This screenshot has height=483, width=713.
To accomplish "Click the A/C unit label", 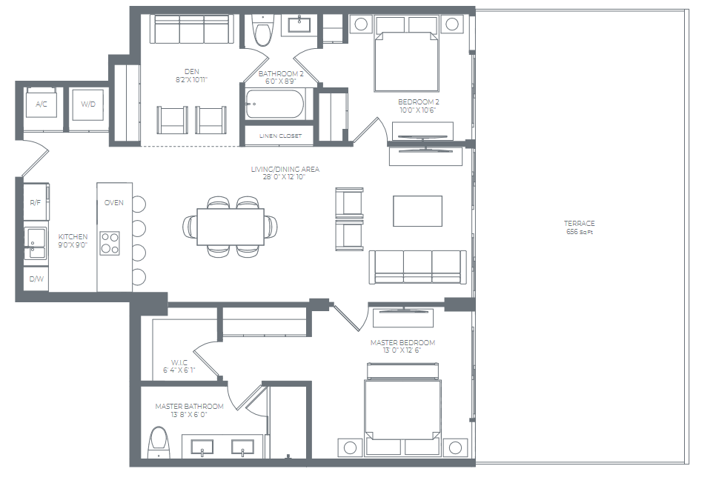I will tap(41, 104).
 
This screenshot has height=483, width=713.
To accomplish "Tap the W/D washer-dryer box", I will tap(87, 104).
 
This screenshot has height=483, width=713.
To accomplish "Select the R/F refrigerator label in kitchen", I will tap(34, 202).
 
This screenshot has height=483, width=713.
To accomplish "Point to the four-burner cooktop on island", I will tap(110, 243).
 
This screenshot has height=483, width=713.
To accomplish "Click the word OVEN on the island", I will tap(114, 202).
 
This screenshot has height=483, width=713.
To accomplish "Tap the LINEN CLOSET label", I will tap(278, 136).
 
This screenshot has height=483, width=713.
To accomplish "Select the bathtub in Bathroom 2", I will tap(274, 104).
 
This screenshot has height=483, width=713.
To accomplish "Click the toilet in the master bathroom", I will tap(158, 442).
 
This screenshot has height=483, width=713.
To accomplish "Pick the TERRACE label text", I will tap(579, 223).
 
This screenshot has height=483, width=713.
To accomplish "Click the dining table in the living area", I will tap(231, 226).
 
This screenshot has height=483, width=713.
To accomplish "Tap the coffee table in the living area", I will tap(417, 210).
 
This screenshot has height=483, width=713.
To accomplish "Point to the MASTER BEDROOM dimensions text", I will tap(402, 351).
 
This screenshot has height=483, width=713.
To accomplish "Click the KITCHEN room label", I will tap(73, 236).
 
